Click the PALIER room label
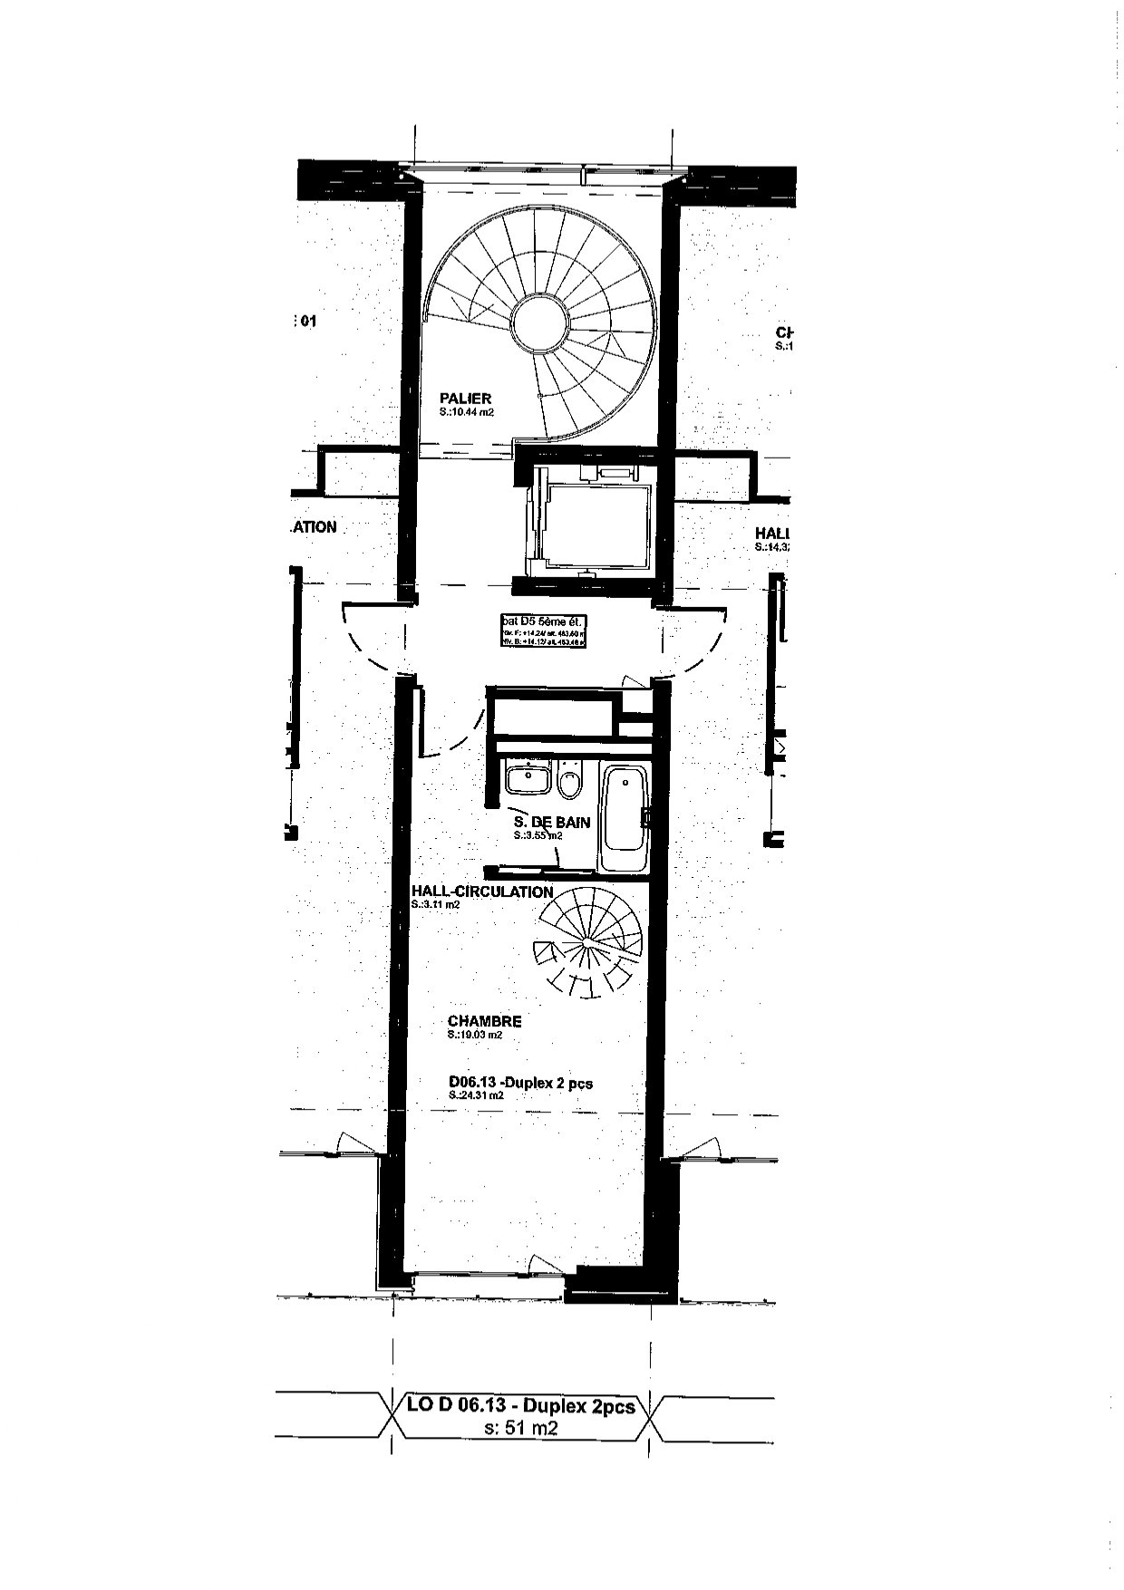point(465,398)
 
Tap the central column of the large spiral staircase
point(542,324)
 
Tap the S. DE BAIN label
point(552,823)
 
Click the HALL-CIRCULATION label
point(481,891)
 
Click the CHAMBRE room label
point(484,1021)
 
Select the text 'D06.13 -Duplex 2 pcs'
point(520,1083)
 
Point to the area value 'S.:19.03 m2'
point(474,1035)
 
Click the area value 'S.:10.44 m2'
point(467,411)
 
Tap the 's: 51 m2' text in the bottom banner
point(521,1429)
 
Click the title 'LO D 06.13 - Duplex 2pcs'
point(520,1407)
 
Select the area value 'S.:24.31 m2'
point(475,1095)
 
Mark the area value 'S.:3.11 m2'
point(435,904)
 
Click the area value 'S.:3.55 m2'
point(537,836)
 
